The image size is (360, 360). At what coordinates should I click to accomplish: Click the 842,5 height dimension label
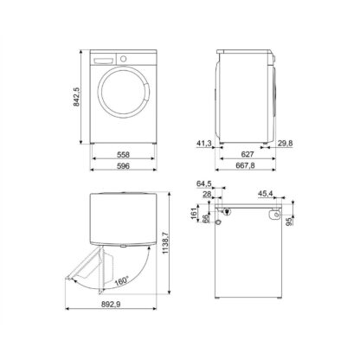click(x=76, y=97)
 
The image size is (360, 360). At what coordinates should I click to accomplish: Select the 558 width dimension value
click(x=123, y=155)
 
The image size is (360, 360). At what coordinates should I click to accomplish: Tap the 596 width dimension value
click(x=123, y=166)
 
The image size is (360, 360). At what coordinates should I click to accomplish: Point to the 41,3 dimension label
click(x=204, y=144)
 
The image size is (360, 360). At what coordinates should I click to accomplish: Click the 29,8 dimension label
click(x=286, y=144)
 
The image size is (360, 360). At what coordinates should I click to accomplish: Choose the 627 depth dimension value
click(x=247, y=155)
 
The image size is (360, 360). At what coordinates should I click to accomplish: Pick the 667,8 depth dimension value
click(x=247, y=165)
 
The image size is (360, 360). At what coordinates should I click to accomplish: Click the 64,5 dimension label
click(x=204, y=183)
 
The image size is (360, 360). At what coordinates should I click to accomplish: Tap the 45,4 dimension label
click(x=266, y=194)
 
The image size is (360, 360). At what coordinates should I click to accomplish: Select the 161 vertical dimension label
click(x=194, y=214)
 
